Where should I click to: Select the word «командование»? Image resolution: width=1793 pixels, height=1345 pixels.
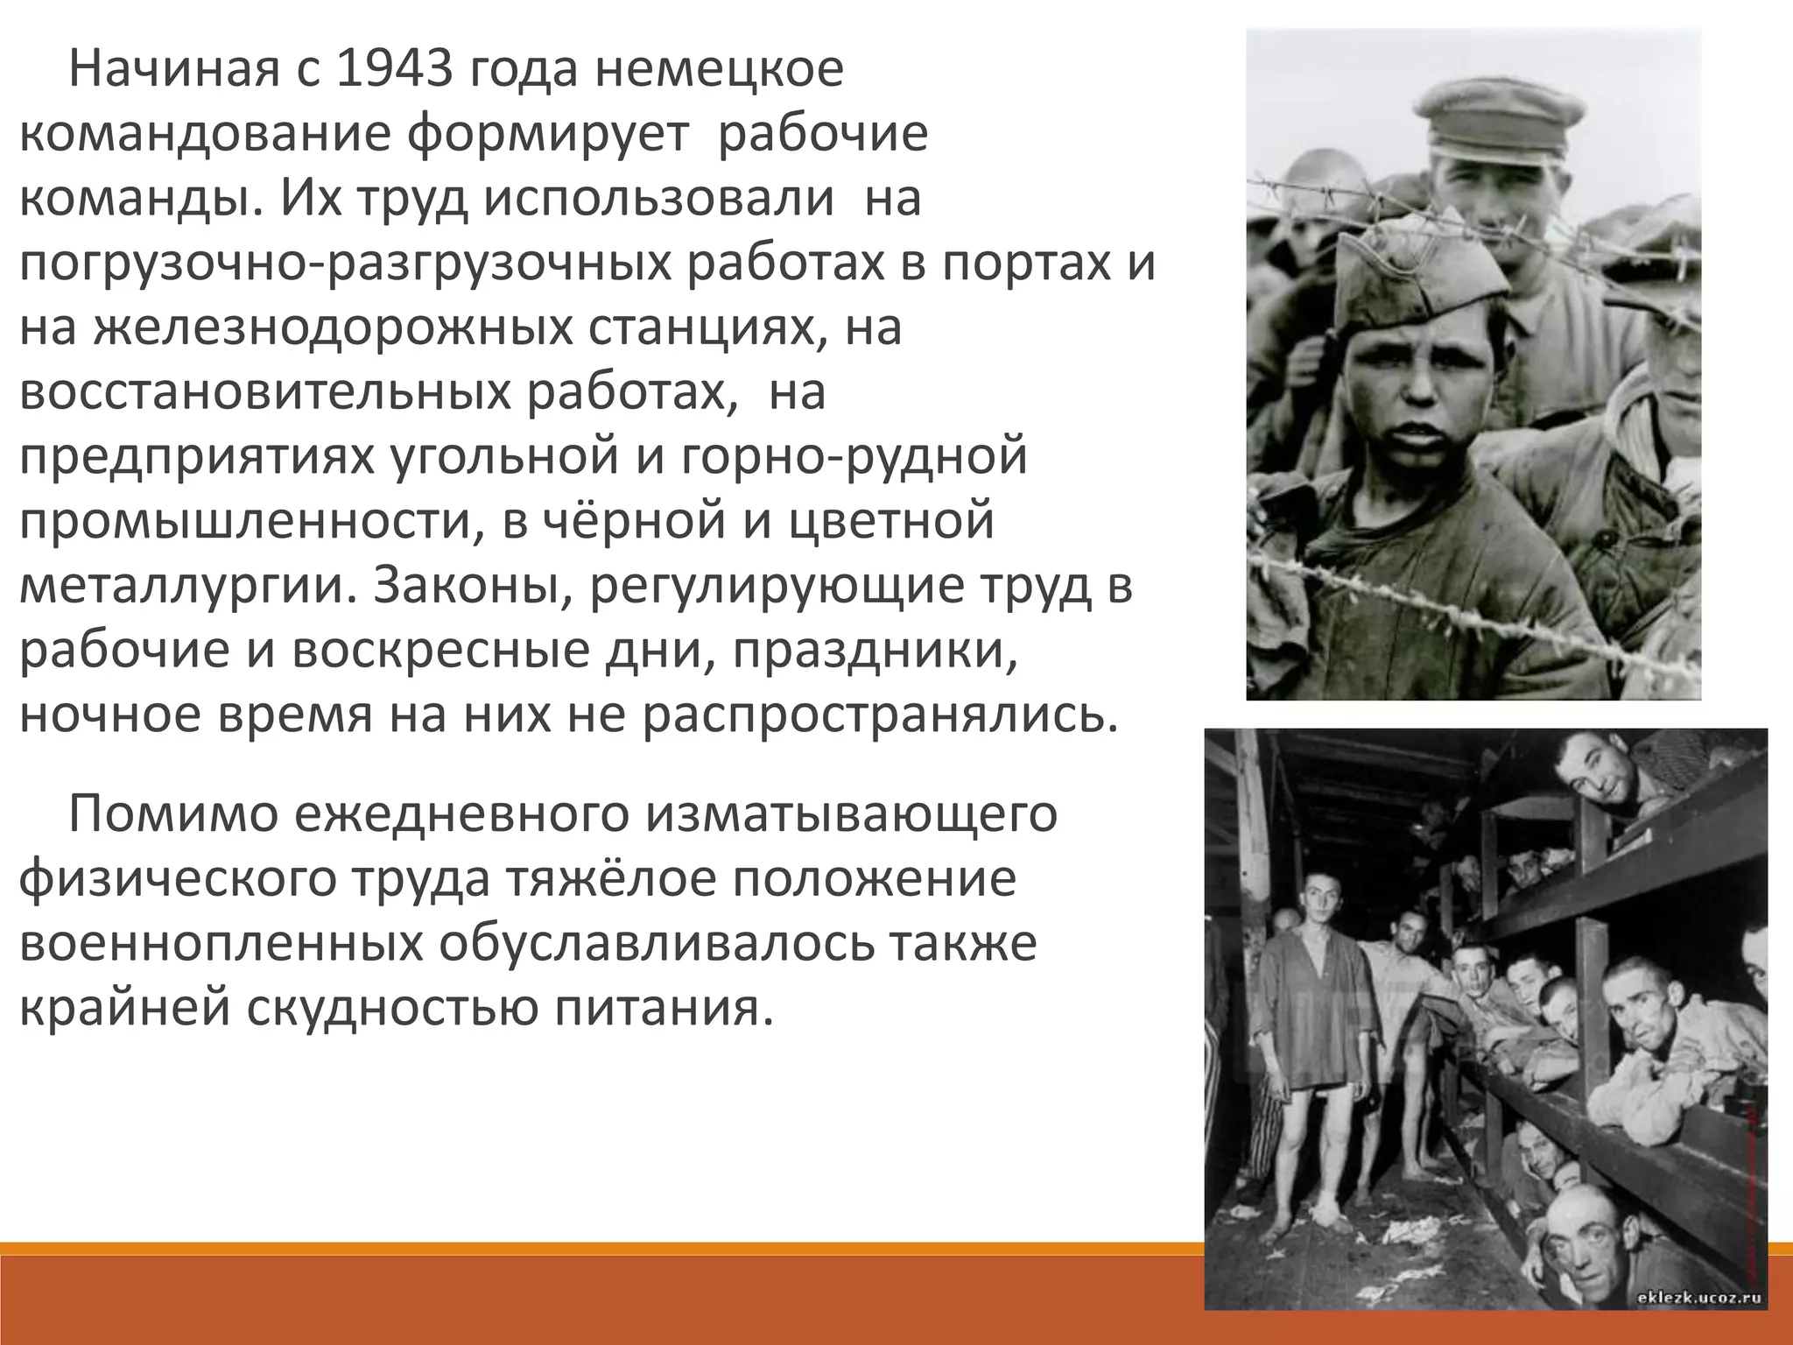point(203,136)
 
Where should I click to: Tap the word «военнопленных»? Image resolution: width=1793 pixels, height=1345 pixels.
point(216,944)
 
